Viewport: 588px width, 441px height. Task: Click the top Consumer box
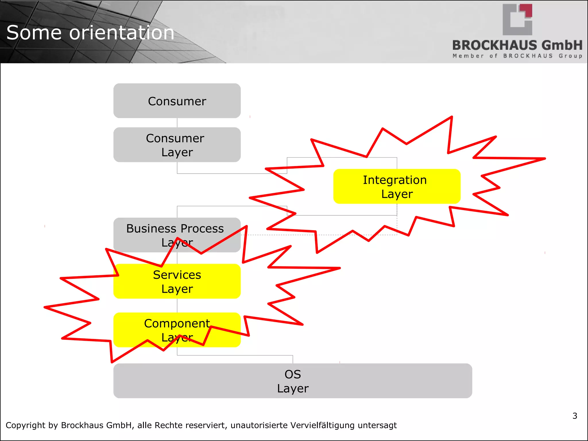[x=177, y=101]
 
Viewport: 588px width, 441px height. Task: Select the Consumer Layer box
[x=177, y=145]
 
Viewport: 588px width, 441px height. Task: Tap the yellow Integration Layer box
[x=397, y=186]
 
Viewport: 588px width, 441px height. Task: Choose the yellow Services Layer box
[x=177, y=281]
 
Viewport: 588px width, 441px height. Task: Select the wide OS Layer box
[x=293, y=381]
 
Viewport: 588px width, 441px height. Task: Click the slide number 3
[x=575, y=416]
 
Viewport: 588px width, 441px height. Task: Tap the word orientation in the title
[x=122, y=32]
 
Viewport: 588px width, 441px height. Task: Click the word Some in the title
[x=34, y=32]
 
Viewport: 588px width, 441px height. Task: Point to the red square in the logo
[x=528, y=10]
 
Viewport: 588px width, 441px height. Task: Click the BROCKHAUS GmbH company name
[x=517, y=45]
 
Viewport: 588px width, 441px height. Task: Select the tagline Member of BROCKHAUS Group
[x=517, y=56]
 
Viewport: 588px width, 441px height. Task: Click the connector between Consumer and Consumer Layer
[x=177, y=123]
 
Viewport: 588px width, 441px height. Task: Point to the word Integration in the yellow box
[x=395, y=180]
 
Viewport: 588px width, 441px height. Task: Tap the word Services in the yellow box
[x=177, y=275]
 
